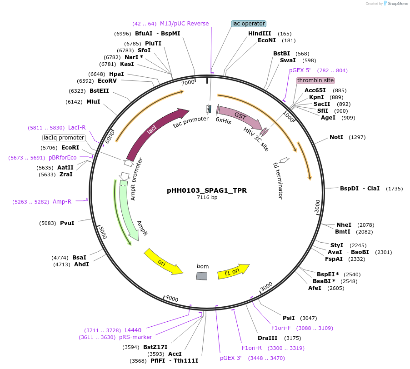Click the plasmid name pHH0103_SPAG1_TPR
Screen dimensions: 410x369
click(207, 191)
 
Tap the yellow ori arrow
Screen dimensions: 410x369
click(163, 262)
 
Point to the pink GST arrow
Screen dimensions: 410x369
click(239, 118)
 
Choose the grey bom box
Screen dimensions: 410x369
click(202, 276)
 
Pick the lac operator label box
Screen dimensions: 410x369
click(248, 24)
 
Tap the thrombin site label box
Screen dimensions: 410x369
click(315, 80)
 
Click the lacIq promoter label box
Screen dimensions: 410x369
click(64, 138)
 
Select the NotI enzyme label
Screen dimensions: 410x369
click(336, 137)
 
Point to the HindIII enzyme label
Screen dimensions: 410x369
click(260, 34)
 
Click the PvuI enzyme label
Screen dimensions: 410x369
click(67, 223)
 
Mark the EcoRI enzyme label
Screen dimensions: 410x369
click(70, 148)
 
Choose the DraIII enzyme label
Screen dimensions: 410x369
click(267, 338)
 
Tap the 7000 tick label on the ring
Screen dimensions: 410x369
click(188, 83)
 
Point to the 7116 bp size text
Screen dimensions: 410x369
click(207, 198)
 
